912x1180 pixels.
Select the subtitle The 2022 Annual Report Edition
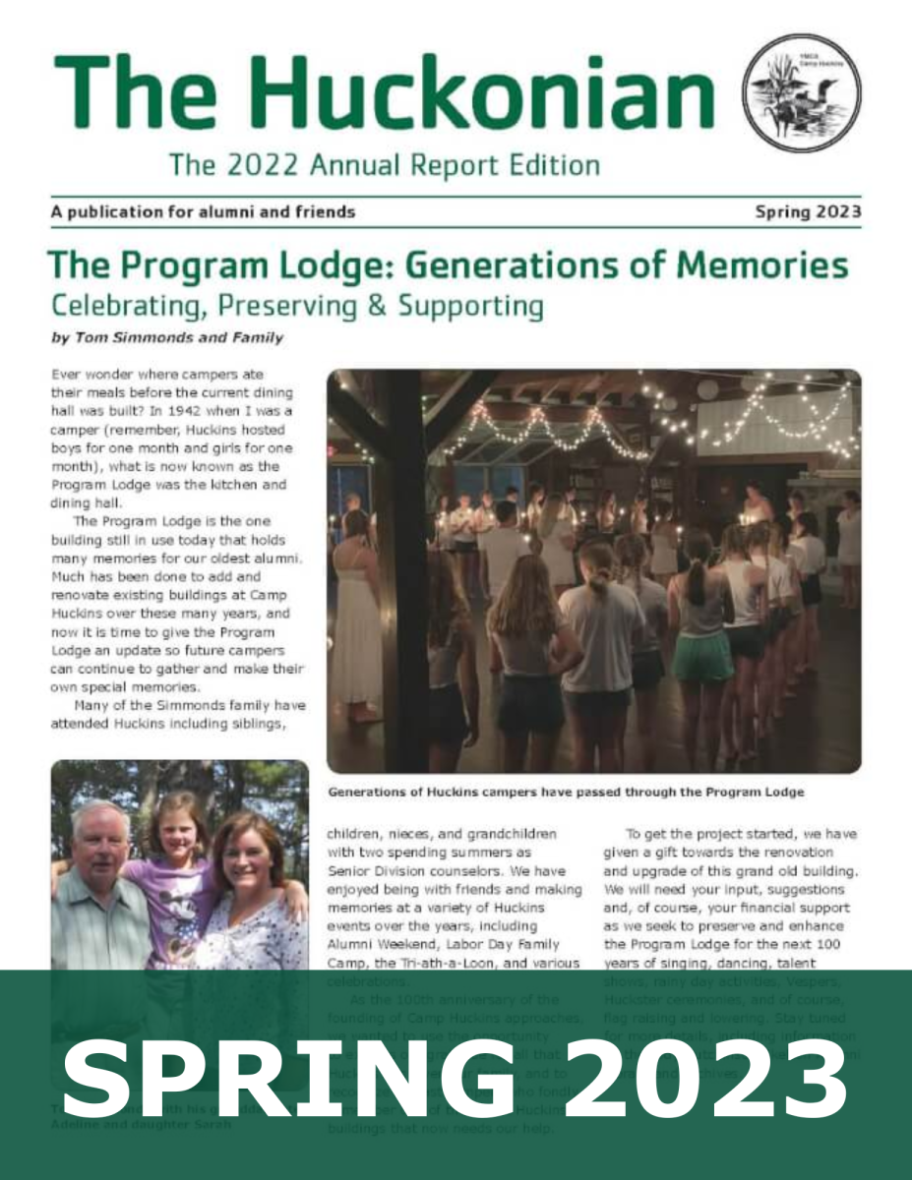coord(384,163)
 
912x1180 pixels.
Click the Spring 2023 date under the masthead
coord(808,211)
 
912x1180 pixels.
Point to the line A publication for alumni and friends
coord(202,211)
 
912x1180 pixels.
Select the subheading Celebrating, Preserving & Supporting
coord(296,306)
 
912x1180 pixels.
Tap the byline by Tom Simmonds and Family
coord(166,338)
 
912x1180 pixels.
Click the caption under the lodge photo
coord(566,791)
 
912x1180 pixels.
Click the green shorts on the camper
coord(702,656)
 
